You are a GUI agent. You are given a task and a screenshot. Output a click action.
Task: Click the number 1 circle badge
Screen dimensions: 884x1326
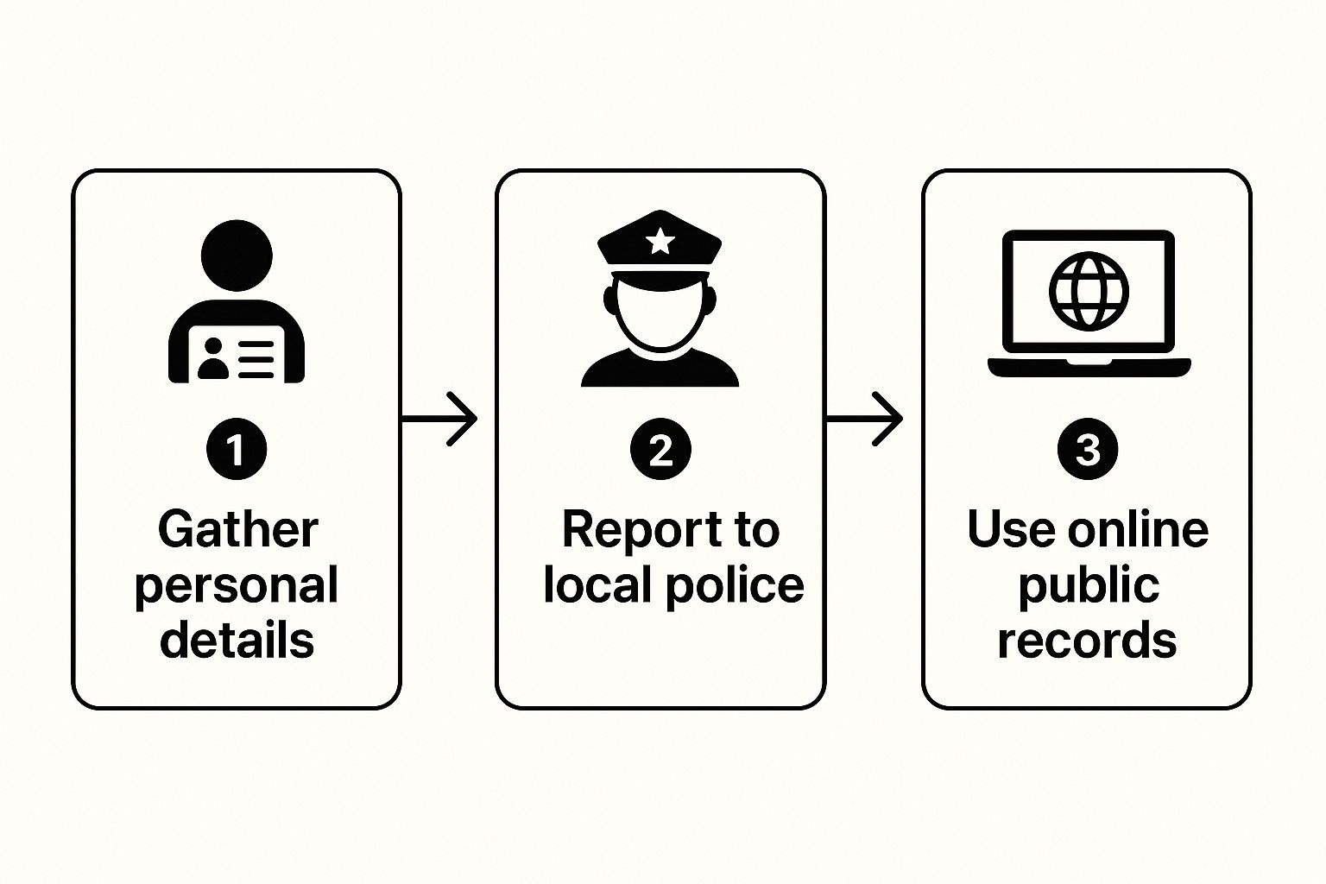click(x=237, y=449)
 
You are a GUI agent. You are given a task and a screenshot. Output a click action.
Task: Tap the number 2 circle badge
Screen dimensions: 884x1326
click(x=660, y=449)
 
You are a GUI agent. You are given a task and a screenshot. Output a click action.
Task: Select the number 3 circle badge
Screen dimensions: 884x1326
click(x=1087, y=449)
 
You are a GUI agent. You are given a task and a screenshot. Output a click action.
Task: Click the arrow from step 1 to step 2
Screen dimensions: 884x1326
click(x=440, y=420)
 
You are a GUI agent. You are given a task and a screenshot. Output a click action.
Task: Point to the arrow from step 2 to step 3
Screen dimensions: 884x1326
click(x=865, y=420)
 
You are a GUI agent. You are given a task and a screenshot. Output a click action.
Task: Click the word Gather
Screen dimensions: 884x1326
click(x=237, y=529)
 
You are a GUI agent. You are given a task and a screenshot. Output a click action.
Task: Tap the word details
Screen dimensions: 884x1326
click(x=237, y=640)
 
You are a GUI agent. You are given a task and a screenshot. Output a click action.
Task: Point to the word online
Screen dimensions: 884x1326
click(x=1137, y=529)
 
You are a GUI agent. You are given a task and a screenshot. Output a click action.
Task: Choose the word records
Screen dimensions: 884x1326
click(x=1087, y=640)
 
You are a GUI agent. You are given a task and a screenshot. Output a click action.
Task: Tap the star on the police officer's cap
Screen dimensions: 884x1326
click(x=660, y=241)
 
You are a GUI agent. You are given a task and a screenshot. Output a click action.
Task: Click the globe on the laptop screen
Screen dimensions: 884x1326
click(x=1088, y=291)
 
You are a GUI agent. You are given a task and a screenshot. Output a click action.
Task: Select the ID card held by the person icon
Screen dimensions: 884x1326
click(x=237, y=353)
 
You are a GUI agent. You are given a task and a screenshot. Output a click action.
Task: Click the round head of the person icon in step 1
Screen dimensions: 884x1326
click(x=237, y=256)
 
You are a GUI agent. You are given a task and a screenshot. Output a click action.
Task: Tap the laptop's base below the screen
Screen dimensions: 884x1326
click(x=1089, y=368)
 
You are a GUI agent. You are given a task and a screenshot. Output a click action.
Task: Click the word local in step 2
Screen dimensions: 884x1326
click(x=597, y=585)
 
